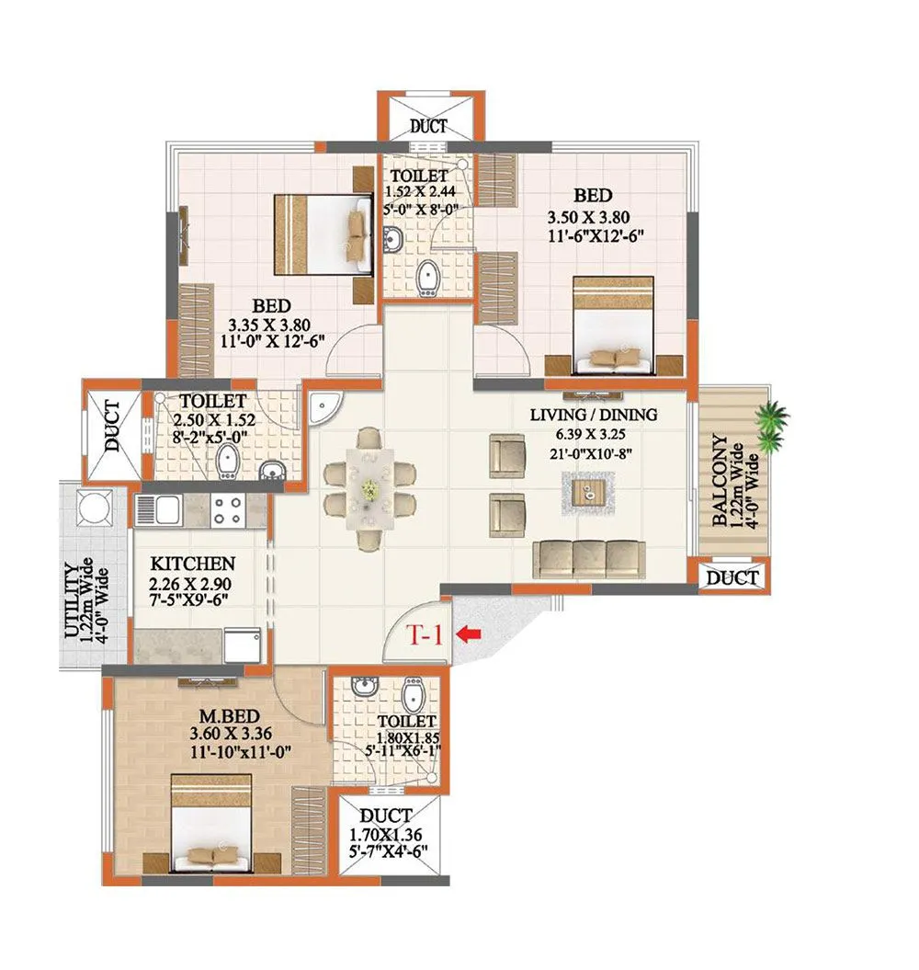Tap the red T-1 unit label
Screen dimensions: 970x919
(x=425, y=634)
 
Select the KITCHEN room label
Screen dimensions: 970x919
(x=193, y=563)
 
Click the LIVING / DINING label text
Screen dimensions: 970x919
(x=594, y=415)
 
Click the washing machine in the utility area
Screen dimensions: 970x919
(x=94, y=508)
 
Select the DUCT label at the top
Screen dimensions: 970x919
(x=429, y=127)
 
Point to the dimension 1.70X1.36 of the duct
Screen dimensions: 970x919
(x=387, y=835)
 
